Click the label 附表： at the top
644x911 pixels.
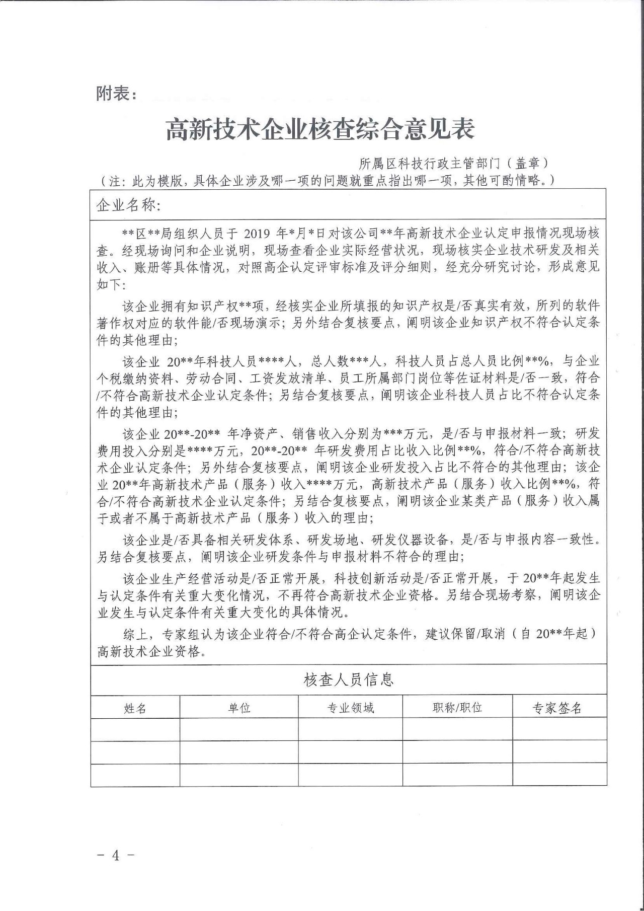tap(116, 94)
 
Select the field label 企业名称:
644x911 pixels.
tap(128, 205)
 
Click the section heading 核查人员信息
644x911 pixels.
tap(348, 680)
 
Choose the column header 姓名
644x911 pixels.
tap(135, 708)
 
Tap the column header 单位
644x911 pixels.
tap(239, 708)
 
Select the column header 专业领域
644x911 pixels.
tap(351, 708)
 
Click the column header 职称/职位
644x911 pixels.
tap(457, 708)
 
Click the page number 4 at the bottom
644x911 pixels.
tap(116, 855)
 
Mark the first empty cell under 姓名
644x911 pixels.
tap(135, 729)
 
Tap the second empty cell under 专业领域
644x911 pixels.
tap(351, 751)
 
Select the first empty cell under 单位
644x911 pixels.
tap(239, 729)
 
